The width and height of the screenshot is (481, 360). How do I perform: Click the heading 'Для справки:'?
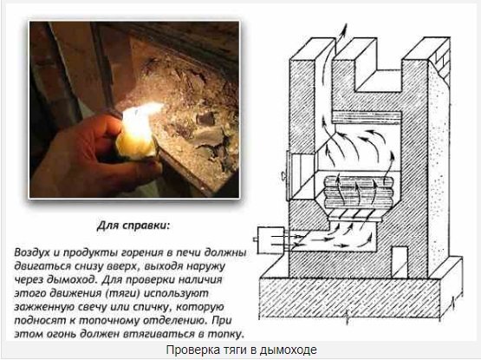pyautogui.click(x=133, y=226)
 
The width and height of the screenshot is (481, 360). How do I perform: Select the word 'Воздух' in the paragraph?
pyautogui.click(x=32, y=252)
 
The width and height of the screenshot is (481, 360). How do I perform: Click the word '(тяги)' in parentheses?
pyautogui.click(x=123, y=293)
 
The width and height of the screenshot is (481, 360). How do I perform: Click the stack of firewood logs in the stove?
pyautogui.click(x=358, y=191)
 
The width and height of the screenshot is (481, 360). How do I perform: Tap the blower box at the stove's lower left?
pyautogui.click(x=270, y=240)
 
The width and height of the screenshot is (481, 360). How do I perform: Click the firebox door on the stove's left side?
pyautogui.click(x=300, y=175)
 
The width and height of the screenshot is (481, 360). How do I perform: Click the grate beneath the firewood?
pyautogui.click(x=356, y=215)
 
